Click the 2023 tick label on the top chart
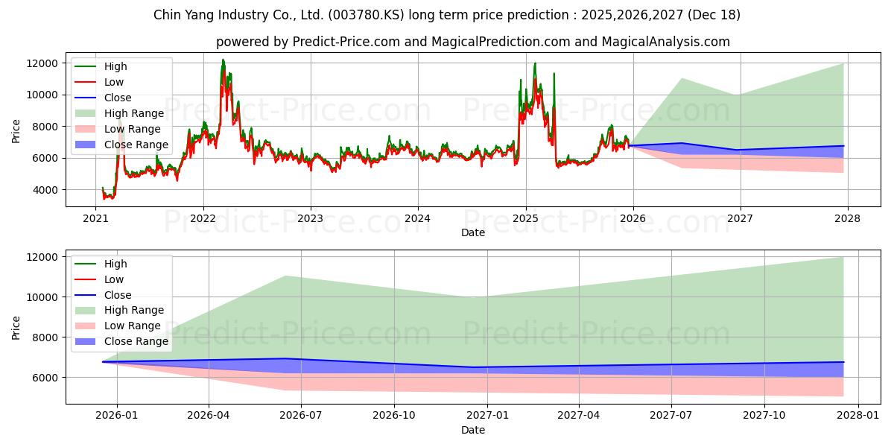(x=310, y=218)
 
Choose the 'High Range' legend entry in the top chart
(x=133, y=113)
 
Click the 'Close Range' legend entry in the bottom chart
(x=136, y=341)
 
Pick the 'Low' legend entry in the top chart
(x=114, y=82)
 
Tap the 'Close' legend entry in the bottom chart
(x=117, y=295)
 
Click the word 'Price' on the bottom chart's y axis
(x=16, y=327)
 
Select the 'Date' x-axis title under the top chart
(x=472, y=232)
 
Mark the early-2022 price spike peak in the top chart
(x=223, y=60)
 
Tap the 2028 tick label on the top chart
(x=847, y=218)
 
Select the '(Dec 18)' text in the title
(x=714, y=15)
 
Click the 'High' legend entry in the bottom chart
(x=115, y=264)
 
